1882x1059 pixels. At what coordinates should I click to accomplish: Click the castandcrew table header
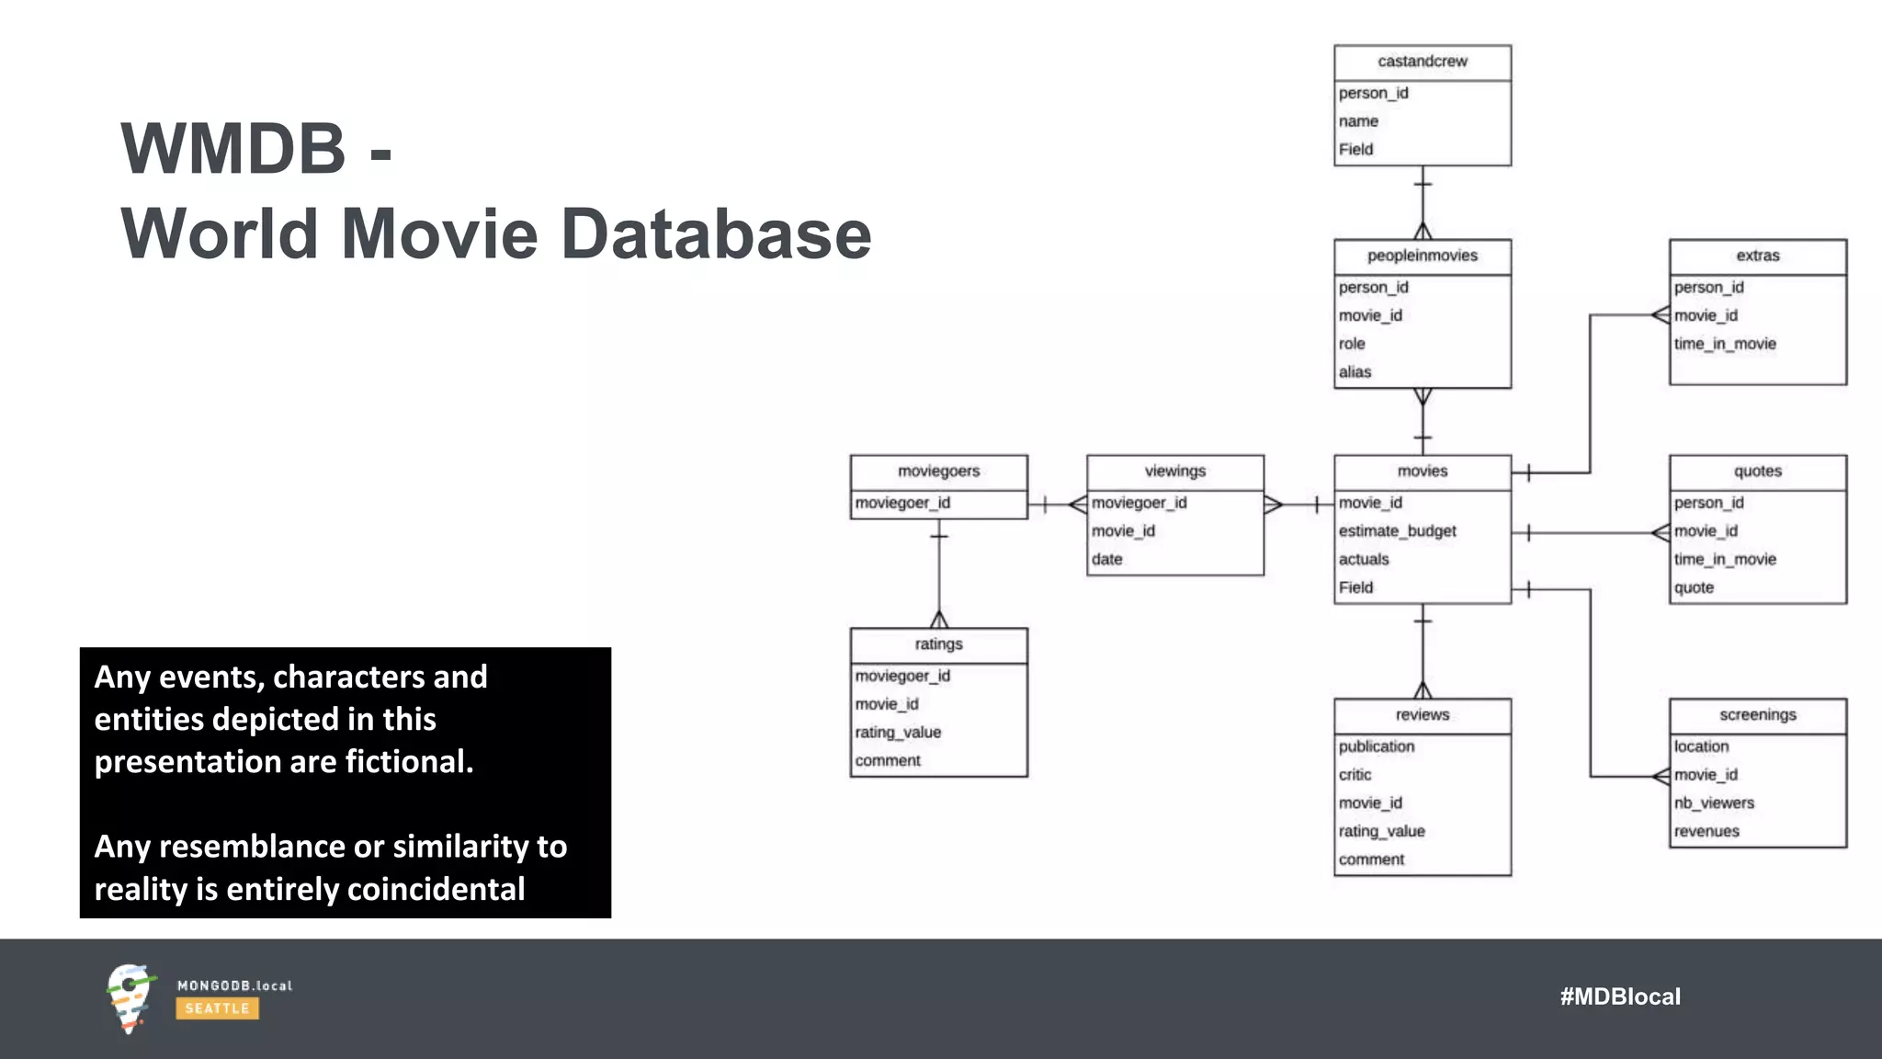click(1422, 62)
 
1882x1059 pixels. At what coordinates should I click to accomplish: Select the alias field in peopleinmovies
click(1355, 372)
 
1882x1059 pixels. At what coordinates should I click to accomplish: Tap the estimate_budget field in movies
click(1397, 531)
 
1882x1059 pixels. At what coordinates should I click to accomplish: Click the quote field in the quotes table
click(1694, 587)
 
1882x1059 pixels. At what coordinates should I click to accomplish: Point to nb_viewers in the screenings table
click(1713, 803)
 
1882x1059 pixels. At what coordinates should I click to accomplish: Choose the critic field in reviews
click(1355, 775)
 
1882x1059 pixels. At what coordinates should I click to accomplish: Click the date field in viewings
click(1106, 560)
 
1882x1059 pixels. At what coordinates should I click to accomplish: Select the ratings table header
click(938, 644)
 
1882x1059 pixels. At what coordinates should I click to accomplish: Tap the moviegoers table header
click(938, 472)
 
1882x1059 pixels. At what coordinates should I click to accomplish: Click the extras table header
click(1757, 256)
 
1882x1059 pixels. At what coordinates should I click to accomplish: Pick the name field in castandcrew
click(1358, 121)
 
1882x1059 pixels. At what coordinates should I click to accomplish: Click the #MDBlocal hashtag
click(1619, 996)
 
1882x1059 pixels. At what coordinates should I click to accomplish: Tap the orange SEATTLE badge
click(217, 1008)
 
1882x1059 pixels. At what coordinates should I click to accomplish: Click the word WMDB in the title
click(233, 149)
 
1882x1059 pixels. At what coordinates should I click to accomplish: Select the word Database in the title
click(716, 234)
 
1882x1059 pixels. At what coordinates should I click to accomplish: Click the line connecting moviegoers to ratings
click(938, 575)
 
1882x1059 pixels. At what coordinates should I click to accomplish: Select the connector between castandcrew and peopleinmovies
click(1423, 202)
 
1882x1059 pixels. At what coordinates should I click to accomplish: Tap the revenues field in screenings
click(1706, 832)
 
